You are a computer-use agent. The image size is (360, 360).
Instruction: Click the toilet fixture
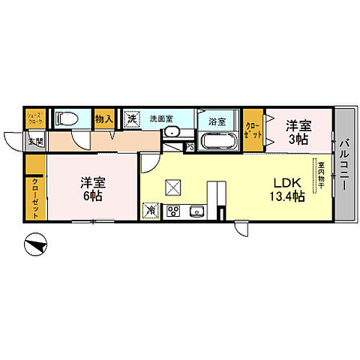point(64,118)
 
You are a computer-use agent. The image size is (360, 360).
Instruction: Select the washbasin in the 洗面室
point(172,132)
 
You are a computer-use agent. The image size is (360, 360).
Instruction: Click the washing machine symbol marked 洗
point(132,118)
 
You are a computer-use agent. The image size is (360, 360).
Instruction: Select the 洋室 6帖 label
point(92,188)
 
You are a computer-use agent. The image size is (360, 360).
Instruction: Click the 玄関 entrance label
point(34,140)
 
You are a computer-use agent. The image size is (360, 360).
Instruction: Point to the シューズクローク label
point(35,117)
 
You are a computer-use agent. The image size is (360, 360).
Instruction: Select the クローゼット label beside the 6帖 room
point(35,198)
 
